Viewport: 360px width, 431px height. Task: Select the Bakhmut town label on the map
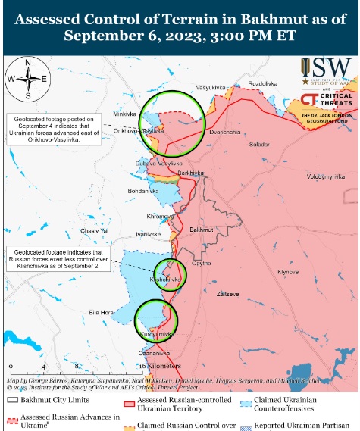click(202, 228)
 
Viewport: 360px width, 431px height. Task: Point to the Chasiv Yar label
click(95, 230)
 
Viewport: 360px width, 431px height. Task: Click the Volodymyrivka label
click(325, 176)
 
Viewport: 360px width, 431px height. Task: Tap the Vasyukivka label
click(212, 89)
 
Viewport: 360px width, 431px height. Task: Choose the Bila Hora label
click(100, 312)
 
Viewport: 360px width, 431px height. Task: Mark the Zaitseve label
click(227, 292)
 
